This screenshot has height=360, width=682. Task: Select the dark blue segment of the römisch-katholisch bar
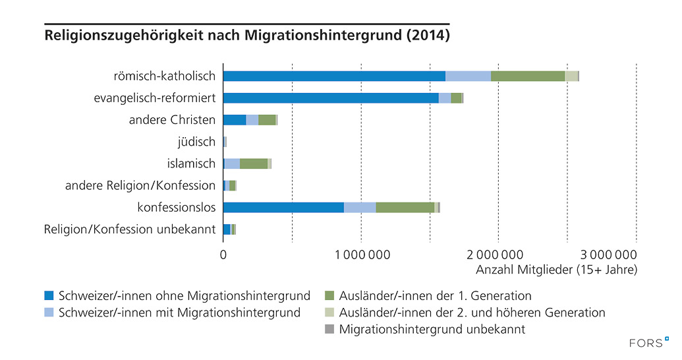coord(334,76)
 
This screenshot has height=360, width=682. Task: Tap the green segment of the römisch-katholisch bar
coord(527,76)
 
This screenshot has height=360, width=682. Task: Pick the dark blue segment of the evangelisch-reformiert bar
coord(331,98)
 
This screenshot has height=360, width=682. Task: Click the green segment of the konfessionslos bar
coord(405,207)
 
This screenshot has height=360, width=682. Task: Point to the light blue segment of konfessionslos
coord(360,207)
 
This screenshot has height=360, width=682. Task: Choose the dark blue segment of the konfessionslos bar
coord(283,207)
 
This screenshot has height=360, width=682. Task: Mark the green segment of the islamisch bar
coord(254,164)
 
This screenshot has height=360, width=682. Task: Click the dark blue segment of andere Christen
coord(235,119)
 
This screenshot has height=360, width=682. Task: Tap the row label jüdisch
coord(196,142)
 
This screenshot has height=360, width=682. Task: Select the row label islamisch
coord(191,164)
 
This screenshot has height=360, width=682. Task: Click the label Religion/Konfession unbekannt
coord(130,229)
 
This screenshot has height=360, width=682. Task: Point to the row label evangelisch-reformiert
coord(155,98)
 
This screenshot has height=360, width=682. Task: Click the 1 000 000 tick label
coord(361,255)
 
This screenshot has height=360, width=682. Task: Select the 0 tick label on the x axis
coord(223,255)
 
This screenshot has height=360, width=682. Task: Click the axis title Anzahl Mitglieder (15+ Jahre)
coord(556,270)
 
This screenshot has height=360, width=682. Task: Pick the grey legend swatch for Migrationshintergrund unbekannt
coord(331,329)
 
